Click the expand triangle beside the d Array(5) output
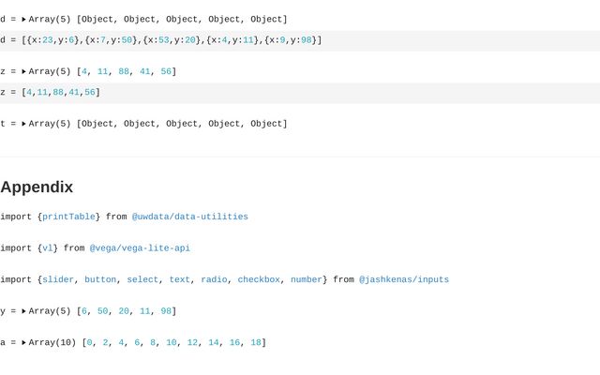coord(24,19)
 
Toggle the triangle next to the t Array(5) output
coord(24,124)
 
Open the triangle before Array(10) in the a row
coord(24,343)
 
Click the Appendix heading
coord(37,187)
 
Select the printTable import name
coord(68,217)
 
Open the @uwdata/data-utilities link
coord(189,217)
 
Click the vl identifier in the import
coord(48,248)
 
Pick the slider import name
coord(58,279)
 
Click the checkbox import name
coord(259,279)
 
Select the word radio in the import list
coord(214,279)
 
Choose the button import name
coord(100,279)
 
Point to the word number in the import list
coord(306,279)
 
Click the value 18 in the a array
coord(256,343)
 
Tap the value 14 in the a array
coord(214,343)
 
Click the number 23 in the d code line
coord(48,40)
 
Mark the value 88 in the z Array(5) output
coord(124,71)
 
